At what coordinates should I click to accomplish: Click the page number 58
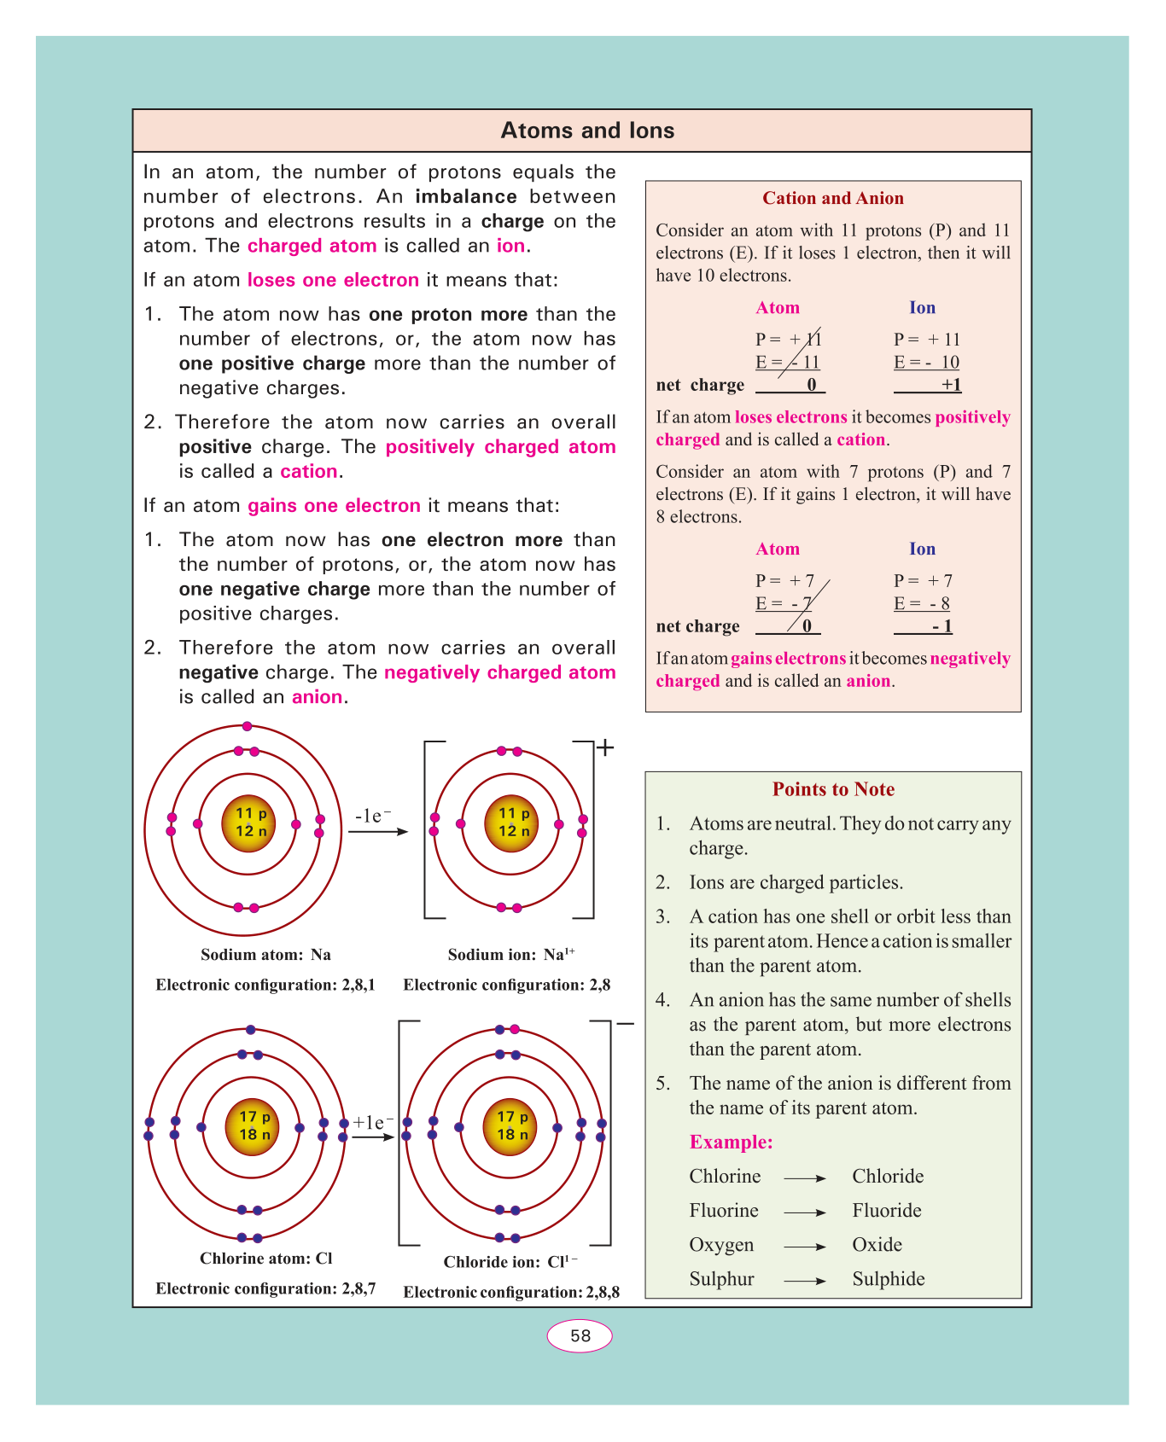coord(580,1335)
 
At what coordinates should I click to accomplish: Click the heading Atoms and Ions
coord(587,131)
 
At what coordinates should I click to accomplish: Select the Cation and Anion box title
coord(832,198)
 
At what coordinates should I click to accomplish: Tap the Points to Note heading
coord(833,789)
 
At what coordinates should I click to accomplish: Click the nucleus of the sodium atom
coord(248,823)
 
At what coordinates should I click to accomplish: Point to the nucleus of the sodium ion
coord(511,823)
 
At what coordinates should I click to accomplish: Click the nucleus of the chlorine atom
coord(253,1126)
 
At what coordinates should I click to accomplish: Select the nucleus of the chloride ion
coord(510,1126)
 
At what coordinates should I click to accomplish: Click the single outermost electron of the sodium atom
coord(247,726)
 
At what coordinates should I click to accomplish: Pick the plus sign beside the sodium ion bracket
coord(605,748)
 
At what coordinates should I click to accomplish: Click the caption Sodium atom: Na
coord(265,955)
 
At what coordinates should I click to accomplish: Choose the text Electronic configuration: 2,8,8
coord(511,1292)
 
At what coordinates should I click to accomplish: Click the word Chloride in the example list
coord(888,1177)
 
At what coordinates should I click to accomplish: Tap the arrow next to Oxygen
coord(804,1247)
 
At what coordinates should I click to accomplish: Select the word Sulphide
coord(889,1279)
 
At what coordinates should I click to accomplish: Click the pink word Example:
coord(731,1143)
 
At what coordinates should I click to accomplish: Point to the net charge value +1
coord(951,385)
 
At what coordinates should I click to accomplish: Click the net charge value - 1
coord(942,626)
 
